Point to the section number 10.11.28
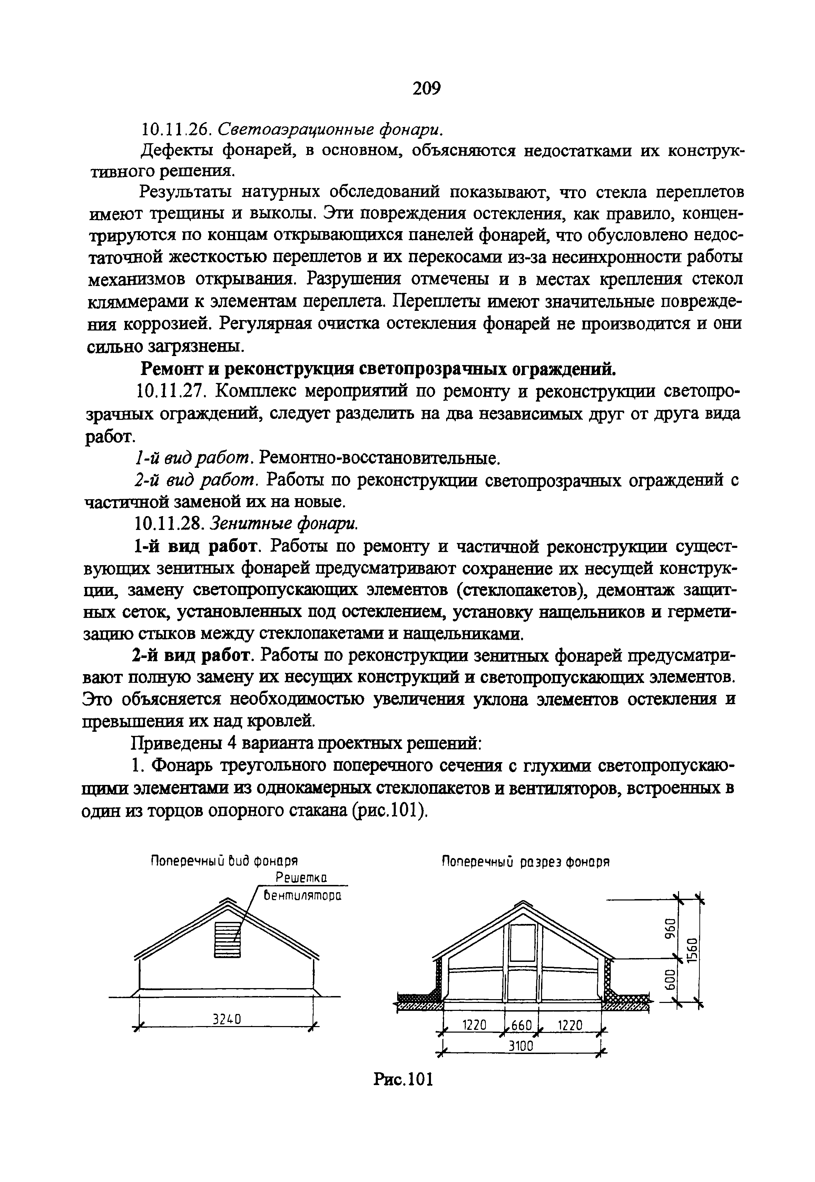pos(171,523)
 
